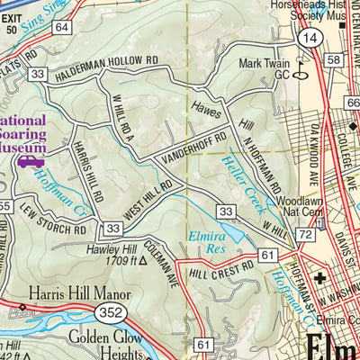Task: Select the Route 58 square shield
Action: click(333, 59)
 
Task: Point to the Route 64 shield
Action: click(61, 28)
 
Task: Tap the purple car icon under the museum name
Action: click(30, 162)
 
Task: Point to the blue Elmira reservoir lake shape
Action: click(226, 232)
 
